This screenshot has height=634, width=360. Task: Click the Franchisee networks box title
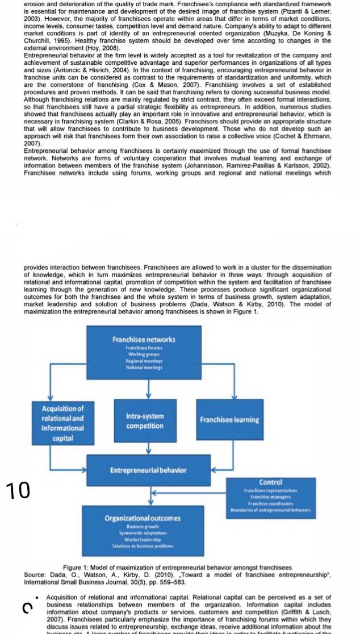144,339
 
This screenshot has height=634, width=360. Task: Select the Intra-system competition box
144,420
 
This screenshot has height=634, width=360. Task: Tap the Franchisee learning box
229,420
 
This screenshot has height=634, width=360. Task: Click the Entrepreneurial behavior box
148,470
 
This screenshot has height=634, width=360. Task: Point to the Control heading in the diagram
270,482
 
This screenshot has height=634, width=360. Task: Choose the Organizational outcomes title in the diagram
143,518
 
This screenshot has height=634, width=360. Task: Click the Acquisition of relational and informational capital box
62,423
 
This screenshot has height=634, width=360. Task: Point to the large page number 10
18,489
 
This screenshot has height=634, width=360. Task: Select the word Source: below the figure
35,575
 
